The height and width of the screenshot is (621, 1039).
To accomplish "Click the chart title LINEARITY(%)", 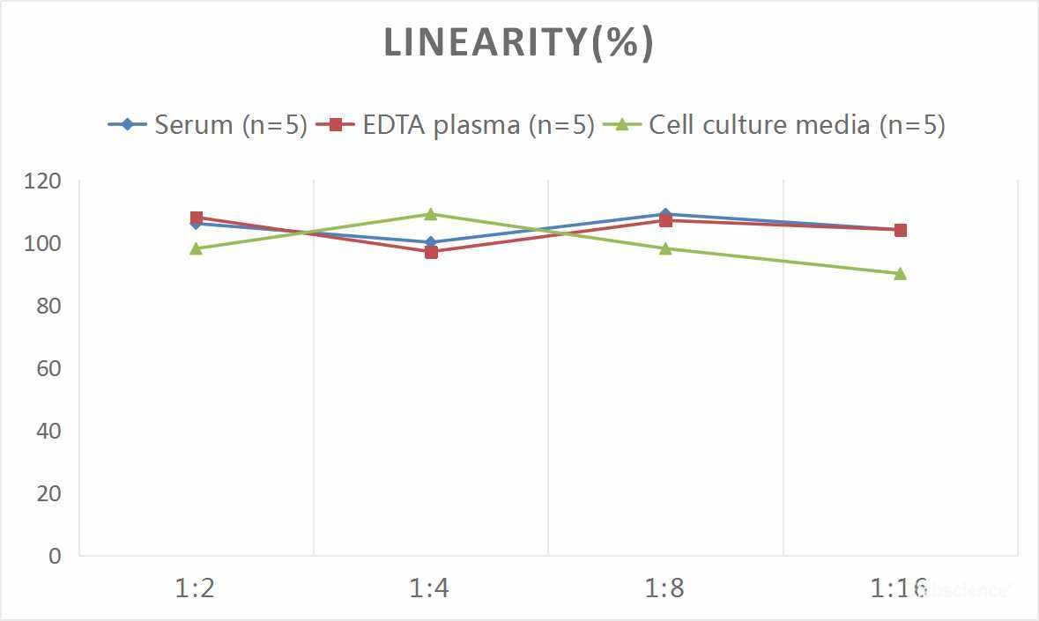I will pos(518,43).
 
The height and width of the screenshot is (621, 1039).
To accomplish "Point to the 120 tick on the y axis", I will pos(43,181).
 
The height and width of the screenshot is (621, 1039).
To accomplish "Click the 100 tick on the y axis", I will pos(43,244).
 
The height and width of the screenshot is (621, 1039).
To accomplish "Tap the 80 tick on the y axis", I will pos(48,307).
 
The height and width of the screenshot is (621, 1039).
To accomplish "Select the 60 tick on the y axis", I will pos(48,369).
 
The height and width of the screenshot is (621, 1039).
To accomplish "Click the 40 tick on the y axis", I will pos(48,432).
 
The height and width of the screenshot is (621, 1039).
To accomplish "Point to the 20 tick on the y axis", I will pos(48,494).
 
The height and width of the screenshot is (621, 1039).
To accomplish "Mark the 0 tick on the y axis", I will pos(56,557).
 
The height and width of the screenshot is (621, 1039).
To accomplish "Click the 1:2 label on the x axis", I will pos(196,588).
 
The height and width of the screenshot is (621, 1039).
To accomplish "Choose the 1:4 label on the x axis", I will pos(430,588).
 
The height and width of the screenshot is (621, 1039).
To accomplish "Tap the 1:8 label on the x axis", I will pos(664,588).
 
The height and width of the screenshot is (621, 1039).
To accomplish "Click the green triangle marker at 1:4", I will pos(431,214).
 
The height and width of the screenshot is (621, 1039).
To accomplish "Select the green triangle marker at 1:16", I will pos(900,274).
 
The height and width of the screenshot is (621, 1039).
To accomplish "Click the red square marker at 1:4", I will pos(431,252).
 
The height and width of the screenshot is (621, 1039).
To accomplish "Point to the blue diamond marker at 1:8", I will pos(665,214).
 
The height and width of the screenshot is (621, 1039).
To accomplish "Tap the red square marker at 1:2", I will pos(197,218).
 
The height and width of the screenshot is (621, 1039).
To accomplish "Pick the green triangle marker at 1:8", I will pos(665,248).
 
